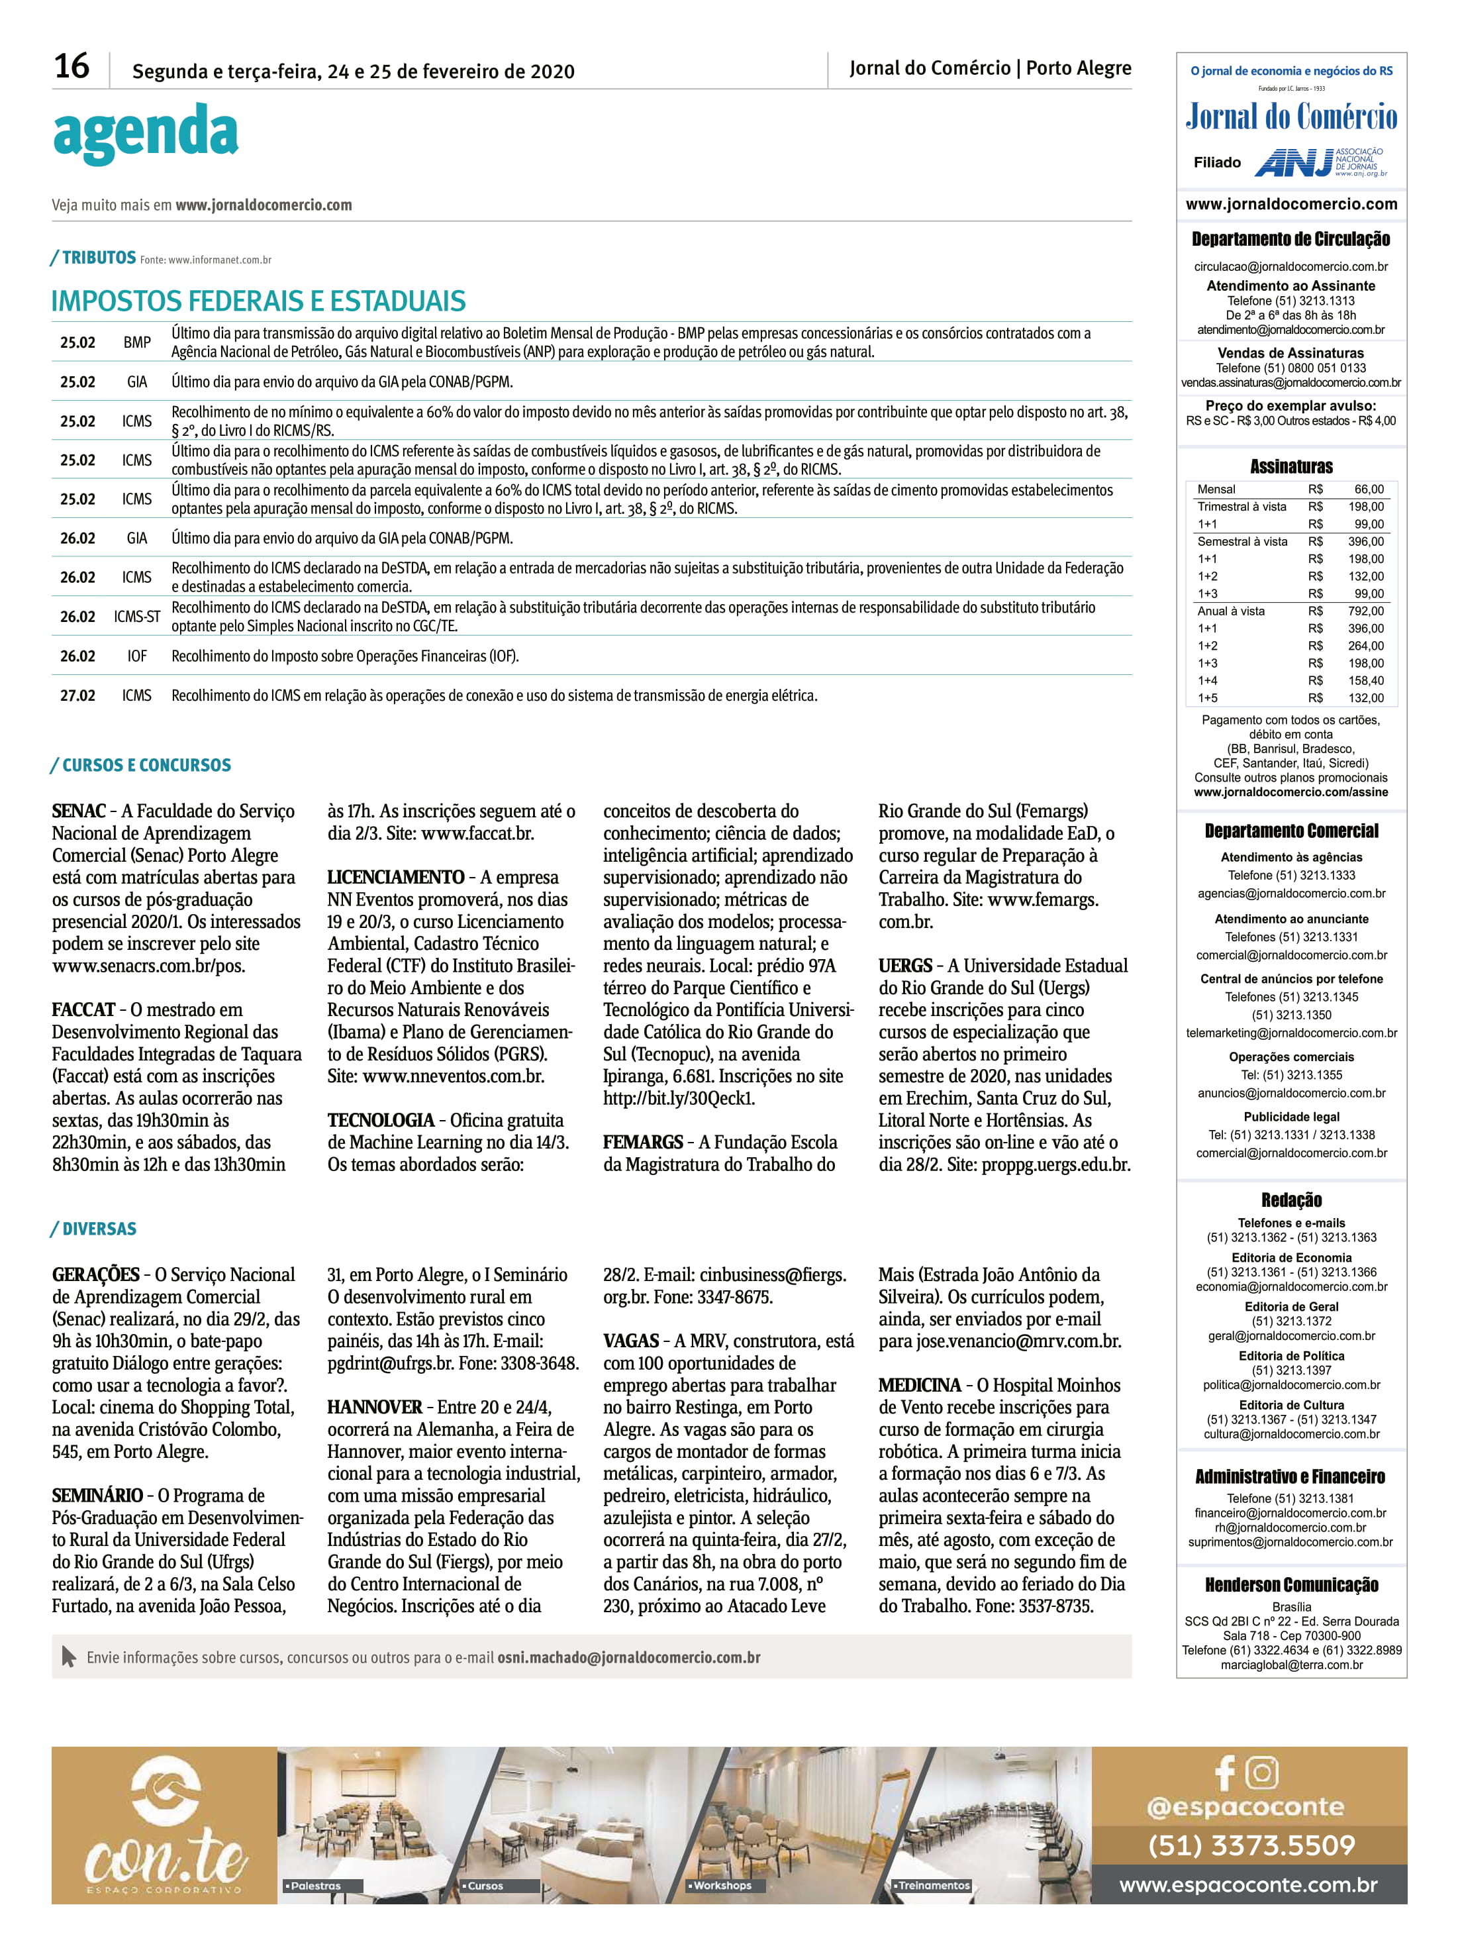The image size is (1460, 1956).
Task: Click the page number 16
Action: point(72,67)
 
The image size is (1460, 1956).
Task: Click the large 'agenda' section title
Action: point(146,132)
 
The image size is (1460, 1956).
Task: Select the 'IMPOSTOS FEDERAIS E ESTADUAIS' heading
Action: point(258,301)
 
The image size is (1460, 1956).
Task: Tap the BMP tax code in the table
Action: point(137,342)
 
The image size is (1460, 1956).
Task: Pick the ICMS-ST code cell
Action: point(137,617)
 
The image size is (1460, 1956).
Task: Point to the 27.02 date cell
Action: point(77,695)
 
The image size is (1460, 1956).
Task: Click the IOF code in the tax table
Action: point(137,656)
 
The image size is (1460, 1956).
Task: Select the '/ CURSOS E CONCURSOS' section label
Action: point(142,766)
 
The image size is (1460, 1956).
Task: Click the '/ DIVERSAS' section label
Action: point(93,1229)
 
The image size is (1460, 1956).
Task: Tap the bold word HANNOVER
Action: point(375,1407)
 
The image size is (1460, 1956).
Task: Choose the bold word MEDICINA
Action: point(919,1385)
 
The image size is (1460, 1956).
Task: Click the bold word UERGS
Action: point(905,966)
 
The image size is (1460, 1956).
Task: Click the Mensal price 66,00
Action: point(1369,489)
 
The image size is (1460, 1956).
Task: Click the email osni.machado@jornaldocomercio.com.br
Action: point(628,1658)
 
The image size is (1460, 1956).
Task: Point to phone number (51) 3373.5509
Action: point(1251,1845)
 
